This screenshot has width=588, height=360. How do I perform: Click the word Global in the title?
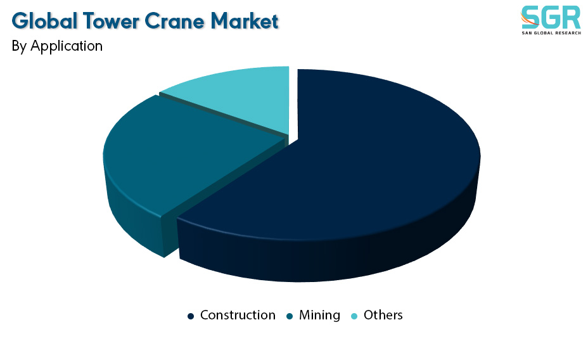coord(44,21)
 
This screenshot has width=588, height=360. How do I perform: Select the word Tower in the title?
coord(111,21)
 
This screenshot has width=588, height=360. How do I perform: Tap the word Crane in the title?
coord(174,21)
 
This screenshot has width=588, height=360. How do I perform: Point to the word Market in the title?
coord(244,21)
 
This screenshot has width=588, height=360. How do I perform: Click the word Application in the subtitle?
coord(67,46)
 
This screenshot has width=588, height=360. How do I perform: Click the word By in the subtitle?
coord(19,46)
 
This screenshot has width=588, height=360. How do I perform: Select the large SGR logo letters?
coord(551,17)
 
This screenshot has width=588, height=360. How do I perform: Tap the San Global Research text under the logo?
coord(551,33)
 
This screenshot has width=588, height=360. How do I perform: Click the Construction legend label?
coord(238,315)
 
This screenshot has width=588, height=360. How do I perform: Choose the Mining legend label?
coord(319,315)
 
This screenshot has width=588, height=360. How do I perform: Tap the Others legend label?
coord(383,315)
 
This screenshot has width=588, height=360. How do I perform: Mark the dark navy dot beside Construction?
coord(191,316)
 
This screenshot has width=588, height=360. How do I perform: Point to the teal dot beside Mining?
coord(290,316)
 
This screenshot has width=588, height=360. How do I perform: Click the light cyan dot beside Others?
coord(354,316)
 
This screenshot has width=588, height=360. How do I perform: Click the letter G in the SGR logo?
coord(552,17)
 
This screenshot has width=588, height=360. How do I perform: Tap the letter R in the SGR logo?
coord(573,17)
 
